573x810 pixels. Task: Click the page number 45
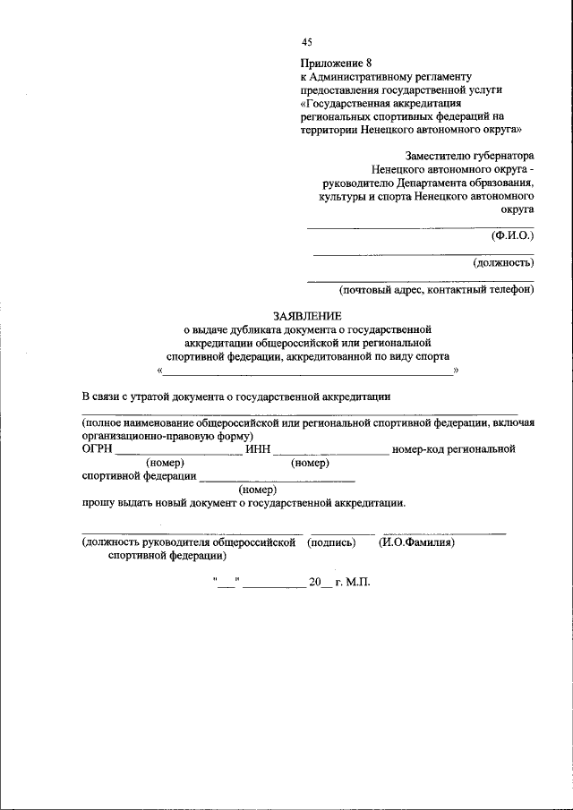coord(308,43)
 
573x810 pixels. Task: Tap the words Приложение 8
coord(337,63)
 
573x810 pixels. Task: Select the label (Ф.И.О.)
coord(512,235)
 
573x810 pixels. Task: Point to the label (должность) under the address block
coord(503,262)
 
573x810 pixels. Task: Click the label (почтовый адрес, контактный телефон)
coord(436,289)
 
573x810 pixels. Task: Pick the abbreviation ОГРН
coord(98,449)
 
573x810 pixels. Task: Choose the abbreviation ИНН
coord(257,449)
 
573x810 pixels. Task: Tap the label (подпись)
coord(331,542)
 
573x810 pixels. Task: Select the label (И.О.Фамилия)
coord(418,542)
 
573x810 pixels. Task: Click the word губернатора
coord(504,155)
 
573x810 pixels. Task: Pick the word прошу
coord(98,503)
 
